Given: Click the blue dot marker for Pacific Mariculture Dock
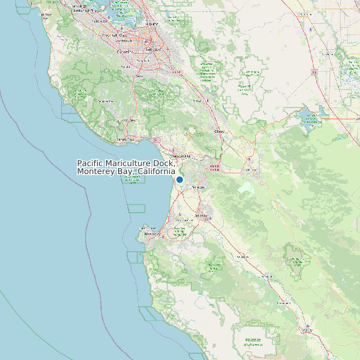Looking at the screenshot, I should point(179,179).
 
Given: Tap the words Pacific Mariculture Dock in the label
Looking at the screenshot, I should point(126,163).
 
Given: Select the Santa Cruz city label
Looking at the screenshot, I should point(126,139).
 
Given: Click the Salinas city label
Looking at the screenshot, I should point(201,216).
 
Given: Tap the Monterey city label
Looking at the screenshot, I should point(152,234).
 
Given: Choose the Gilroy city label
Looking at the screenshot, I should point(219,132).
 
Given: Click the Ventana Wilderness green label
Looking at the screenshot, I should point(252,342).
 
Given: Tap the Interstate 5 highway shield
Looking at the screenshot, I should point(314,70).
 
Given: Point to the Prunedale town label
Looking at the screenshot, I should point(197,188).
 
